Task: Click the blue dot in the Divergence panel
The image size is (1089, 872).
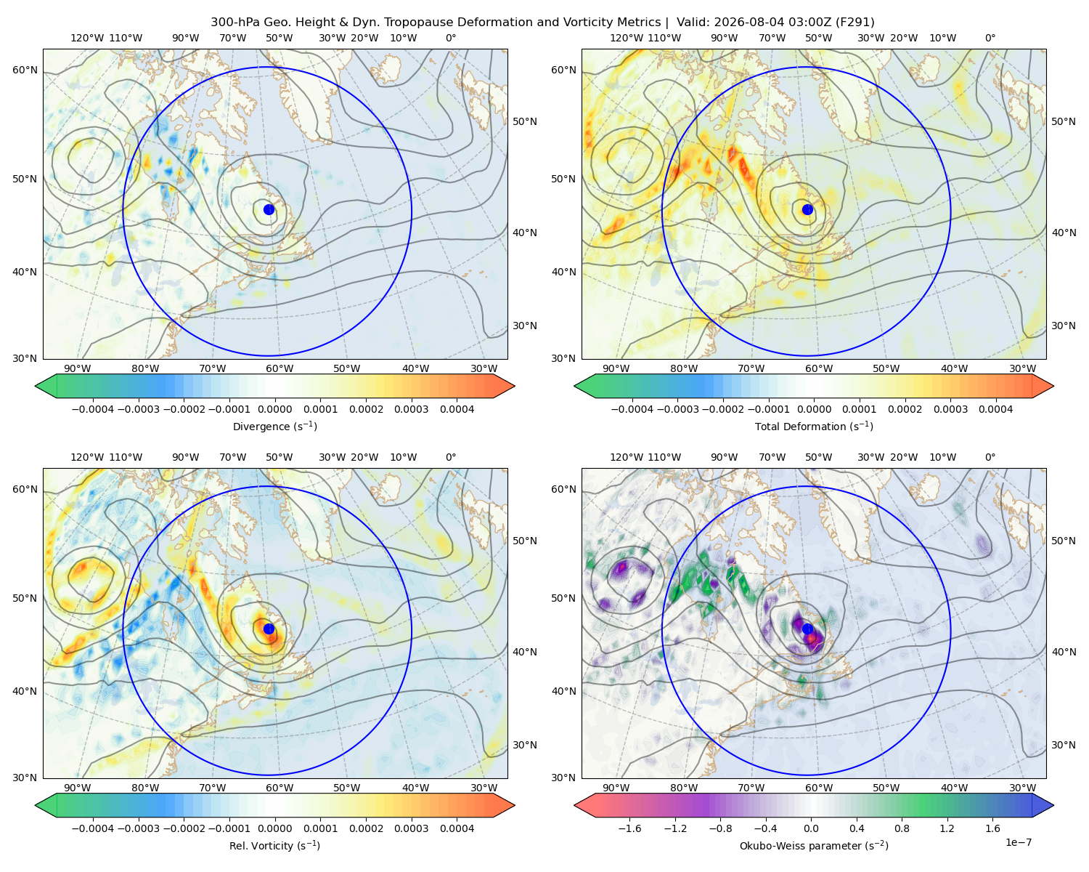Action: click(269, 209)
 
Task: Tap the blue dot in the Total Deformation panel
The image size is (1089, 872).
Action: click(807, 209)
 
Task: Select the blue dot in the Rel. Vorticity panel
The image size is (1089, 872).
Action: click(269, 629)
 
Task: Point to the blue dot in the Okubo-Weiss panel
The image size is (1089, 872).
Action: click(807, 629)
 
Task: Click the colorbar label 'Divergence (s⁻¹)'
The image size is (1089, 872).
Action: click(274, 426)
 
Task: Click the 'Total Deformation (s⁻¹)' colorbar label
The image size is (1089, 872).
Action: click(814, 426)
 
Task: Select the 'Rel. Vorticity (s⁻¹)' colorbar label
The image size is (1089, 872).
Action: click(274, 845)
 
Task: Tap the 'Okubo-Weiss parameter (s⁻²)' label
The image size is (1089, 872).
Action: click(814, 845)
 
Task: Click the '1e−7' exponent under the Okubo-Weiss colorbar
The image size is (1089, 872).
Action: click(1018, 842)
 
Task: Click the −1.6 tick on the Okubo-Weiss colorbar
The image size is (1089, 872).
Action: click(629, 828)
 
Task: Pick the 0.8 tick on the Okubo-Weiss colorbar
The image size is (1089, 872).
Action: click(902, 828)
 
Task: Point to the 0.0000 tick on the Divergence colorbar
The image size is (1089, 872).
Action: click(274, 409)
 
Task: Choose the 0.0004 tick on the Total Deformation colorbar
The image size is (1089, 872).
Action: click(995, 409)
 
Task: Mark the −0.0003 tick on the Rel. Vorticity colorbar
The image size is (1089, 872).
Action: click(138, 828)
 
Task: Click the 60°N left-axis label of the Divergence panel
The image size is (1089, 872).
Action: click(25, 70)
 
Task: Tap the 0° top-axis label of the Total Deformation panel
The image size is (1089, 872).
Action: click(990, 38)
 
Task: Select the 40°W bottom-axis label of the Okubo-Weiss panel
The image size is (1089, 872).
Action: click(955, 788)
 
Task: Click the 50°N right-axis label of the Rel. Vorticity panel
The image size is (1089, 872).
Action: click(525, 541)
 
